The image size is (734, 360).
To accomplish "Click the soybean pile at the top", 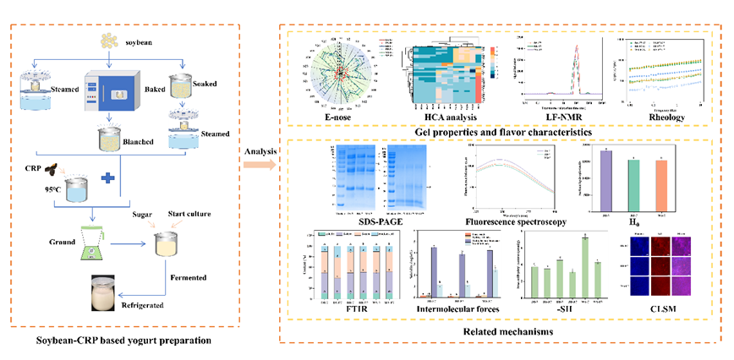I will [108, 39].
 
